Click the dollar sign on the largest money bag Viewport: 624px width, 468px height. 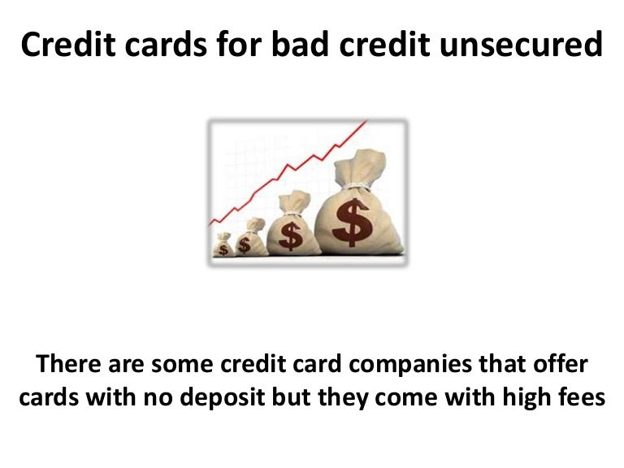351,222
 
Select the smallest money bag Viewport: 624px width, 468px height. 222,245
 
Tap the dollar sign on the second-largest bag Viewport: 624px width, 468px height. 290,236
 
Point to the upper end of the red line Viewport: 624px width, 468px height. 366,123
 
